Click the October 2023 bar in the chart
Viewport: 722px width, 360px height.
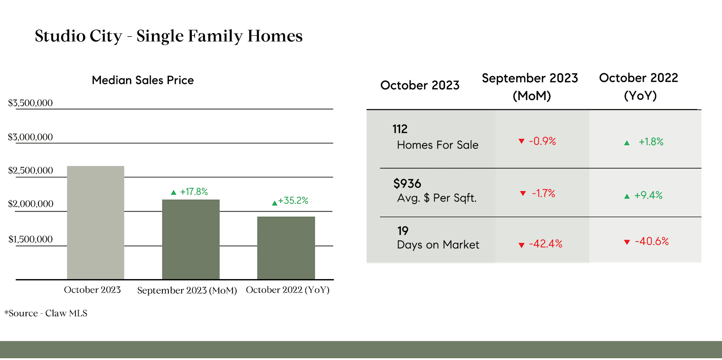[x=96, y=223]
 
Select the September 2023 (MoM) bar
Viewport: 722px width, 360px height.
[x=191, y=239]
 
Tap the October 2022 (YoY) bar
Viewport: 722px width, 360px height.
[x=286, y=248]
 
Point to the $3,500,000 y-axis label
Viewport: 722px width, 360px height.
[x=30, y=103]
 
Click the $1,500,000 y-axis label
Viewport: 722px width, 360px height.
[x=30, y=239]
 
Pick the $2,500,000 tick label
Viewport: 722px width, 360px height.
[x=30, y=170]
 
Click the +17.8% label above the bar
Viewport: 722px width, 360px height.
[x=194, y=191]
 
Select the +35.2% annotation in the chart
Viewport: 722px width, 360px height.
[x=293, y=201]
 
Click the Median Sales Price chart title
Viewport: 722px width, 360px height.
[x=143, y=80]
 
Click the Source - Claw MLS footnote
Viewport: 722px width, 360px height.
[x=46, y=313]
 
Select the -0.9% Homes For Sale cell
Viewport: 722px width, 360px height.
[x=542, y=141]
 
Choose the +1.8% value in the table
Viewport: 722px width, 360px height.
[x=651, y=142]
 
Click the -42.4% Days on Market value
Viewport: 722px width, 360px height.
[x=546, y=244]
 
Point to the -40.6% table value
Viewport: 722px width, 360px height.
[x=652, y=241]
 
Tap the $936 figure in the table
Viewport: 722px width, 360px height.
[x=407, y=184]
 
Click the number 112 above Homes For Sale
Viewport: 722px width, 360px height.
[x=400, y=129]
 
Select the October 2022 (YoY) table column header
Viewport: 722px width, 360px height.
[x=639, y=87]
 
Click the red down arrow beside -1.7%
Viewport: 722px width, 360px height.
[x=523, y=193]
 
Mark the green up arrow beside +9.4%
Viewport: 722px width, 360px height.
[x=627, y=196]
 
